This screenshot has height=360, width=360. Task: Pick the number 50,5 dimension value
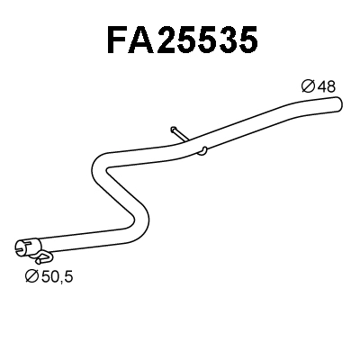pyautogui.click(x=56, y=276)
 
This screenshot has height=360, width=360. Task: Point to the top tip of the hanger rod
pyautogui.click(x=170, y=128)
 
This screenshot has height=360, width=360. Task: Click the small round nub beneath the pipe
pyautogui.click(x=205, y=149)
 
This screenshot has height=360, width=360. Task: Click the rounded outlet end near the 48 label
pyautogui.click(x=339, y=106)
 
